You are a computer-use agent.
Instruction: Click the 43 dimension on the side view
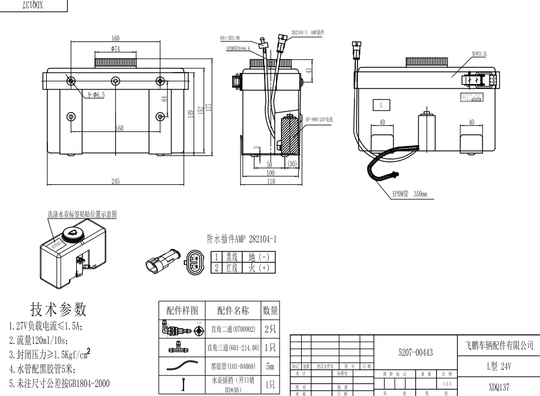pos(309,70)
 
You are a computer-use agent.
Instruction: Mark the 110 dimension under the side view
pos(270,181)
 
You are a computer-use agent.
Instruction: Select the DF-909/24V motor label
pos(319,119)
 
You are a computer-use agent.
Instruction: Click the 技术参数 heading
pos(59,309)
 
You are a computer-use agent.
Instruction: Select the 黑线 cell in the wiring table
pos(231,256)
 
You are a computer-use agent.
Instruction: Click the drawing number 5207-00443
pos(415,352)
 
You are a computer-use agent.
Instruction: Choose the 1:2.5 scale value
pos(446,383)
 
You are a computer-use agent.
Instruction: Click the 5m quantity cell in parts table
pos(270,365)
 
